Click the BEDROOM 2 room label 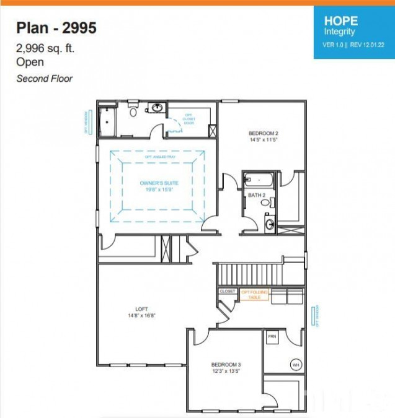click(263, 133)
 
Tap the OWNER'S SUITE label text click(159, 183)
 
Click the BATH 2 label click(256, 196)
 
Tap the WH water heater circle click(295, 365)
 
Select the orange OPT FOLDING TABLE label click(255, 295)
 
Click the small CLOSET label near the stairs click(227, 291)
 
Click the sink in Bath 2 click(269, 224)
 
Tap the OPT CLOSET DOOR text click(189, 120)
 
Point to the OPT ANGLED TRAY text click(158, 157)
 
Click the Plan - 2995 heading click(56, 27)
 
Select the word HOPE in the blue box click(340, 20)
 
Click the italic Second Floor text click(44, 79)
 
